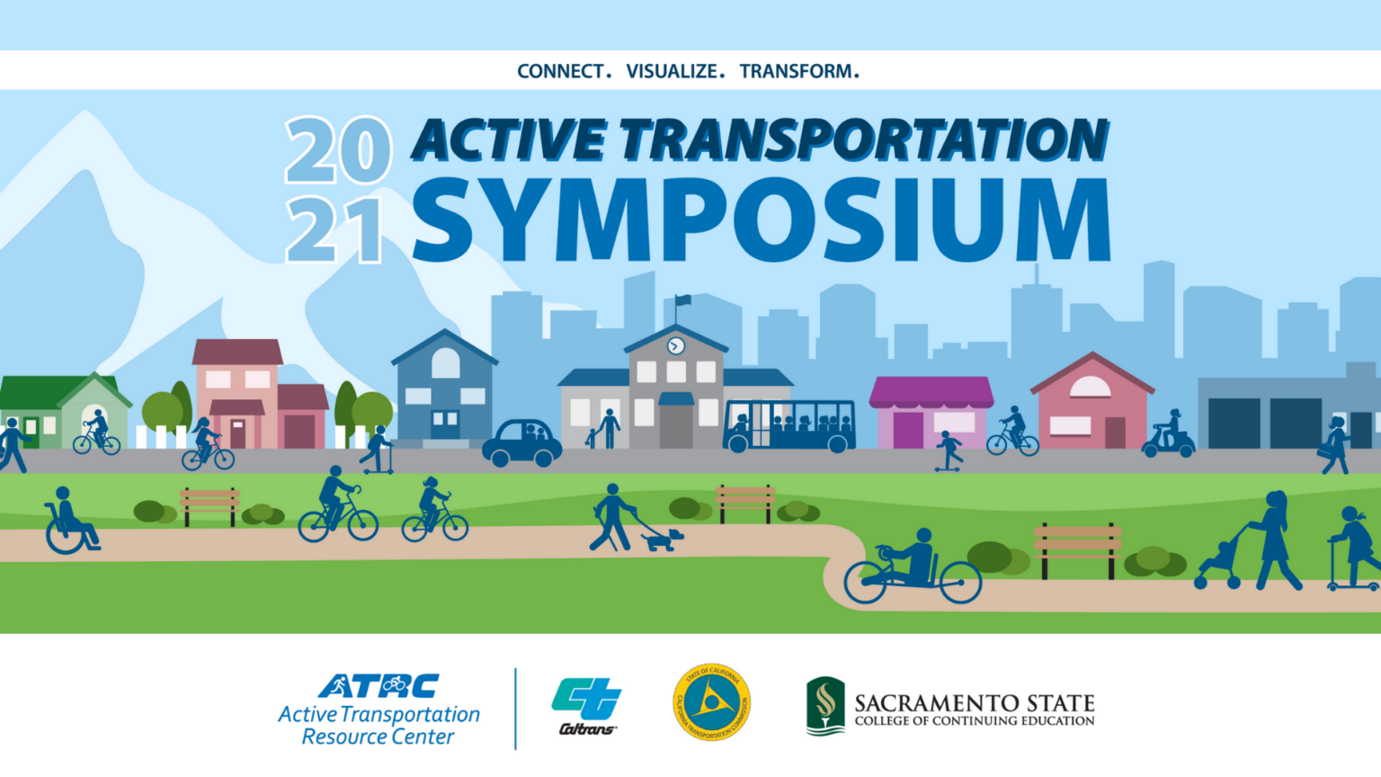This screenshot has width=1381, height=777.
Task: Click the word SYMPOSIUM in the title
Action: (761, 220)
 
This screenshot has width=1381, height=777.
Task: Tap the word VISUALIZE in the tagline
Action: (673, 71)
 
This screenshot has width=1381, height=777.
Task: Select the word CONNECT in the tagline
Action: (561, 71)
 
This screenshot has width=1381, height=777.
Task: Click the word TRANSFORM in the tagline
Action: (797, 71)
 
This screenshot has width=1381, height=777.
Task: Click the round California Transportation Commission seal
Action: (712, 702)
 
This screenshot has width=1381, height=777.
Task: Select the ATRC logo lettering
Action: (379, 686)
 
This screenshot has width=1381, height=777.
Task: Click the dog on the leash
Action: (663, 539)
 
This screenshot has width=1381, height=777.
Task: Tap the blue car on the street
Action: (521, 442)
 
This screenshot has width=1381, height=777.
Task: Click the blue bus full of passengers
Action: (789, 425)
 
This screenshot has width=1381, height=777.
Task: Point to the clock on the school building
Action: (676, 346)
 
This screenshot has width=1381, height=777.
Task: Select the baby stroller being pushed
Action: (1218, 563)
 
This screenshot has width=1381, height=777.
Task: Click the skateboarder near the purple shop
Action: (949, 451)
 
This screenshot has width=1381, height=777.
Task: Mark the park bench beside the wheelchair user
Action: (209, 505)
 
